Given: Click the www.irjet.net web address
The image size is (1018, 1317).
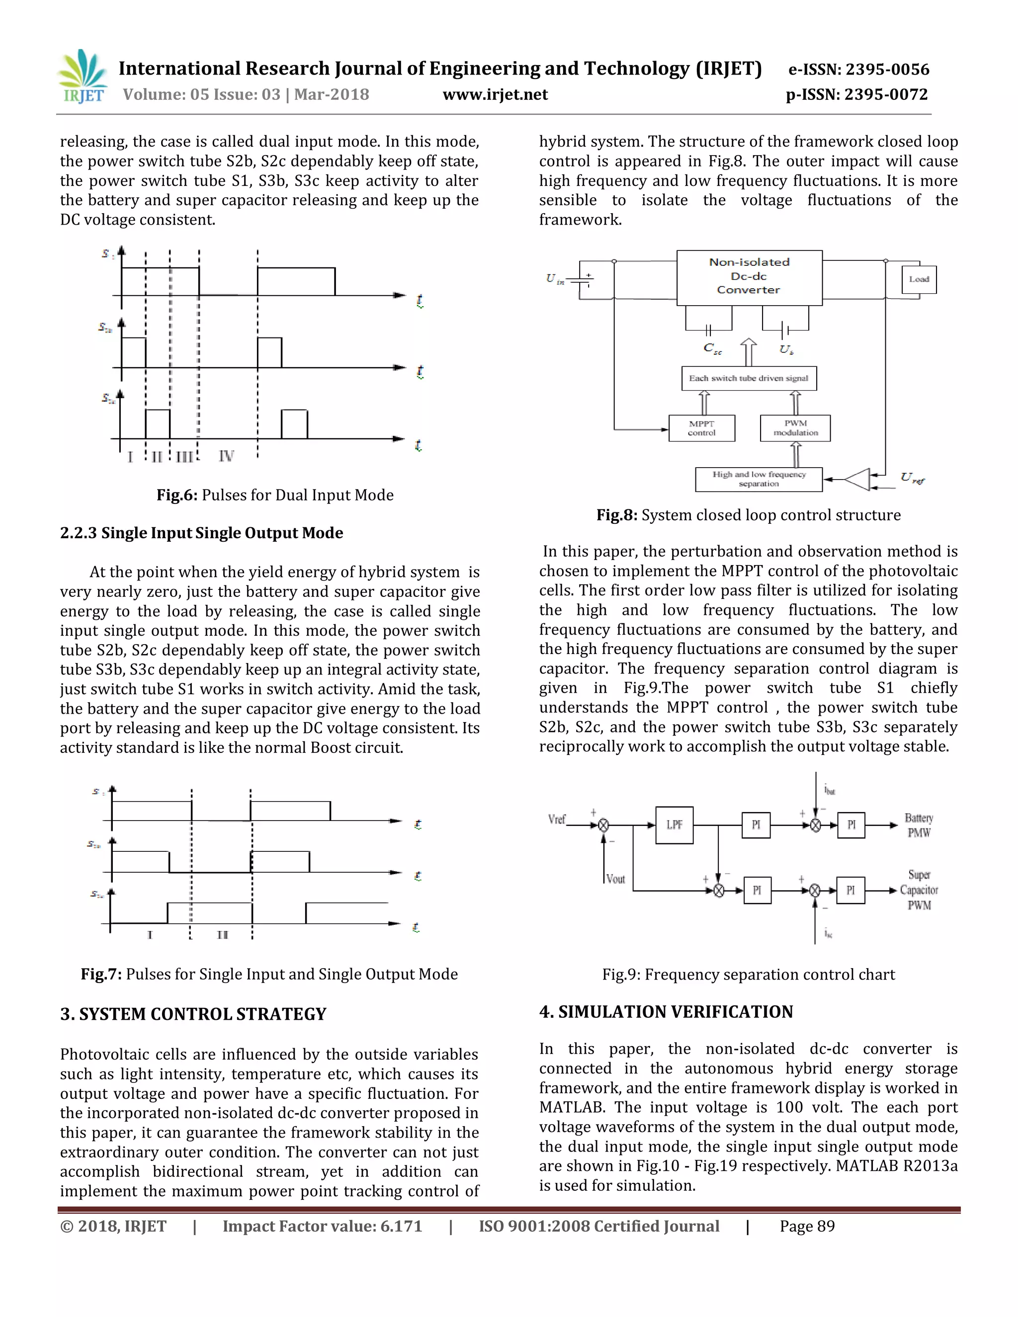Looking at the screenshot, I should tap(495, 94).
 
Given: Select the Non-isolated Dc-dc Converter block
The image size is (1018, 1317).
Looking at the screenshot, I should tap(749, 277).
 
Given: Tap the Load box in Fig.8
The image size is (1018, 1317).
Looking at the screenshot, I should tap(919, 279).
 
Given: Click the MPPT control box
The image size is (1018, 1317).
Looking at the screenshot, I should tap(701, 428).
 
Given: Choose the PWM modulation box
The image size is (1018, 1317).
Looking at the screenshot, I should tap(795, 428).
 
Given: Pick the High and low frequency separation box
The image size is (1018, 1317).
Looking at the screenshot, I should tap(759, 480).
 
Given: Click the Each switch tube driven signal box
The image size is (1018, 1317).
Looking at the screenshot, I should tap(749, 378).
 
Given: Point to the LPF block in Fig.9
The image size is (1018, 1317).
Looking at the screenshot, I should tap(674, 825).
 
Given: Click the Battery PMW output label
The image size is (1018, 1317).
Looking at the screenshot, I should tap(919, 825).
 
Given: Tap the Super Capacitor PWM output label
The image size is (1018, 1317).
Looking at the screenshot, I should tap(919, 890).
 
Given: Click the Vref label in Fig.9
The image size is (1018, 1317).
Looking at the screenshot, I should tap(557, 819).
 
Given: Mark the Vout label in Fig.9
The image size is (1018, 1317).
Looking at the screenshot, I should tap(616, 879).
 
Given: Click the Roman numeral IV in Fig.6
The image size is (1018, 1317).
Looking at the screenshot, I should tap(226, 457).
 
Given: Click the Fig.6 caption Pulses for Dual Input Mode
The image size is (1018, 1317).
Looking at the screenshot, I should tap(275, 495).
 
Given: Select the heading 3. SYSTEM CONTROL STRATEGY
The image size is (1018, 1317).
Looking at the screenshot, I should tap(193, 1014).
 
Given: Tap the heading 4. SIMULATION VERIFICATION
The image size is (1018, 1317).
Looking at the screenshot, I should tap(666, 1012).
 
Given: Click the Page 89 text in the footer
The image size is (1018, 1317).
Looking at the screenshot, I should tap(807, 1226).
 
